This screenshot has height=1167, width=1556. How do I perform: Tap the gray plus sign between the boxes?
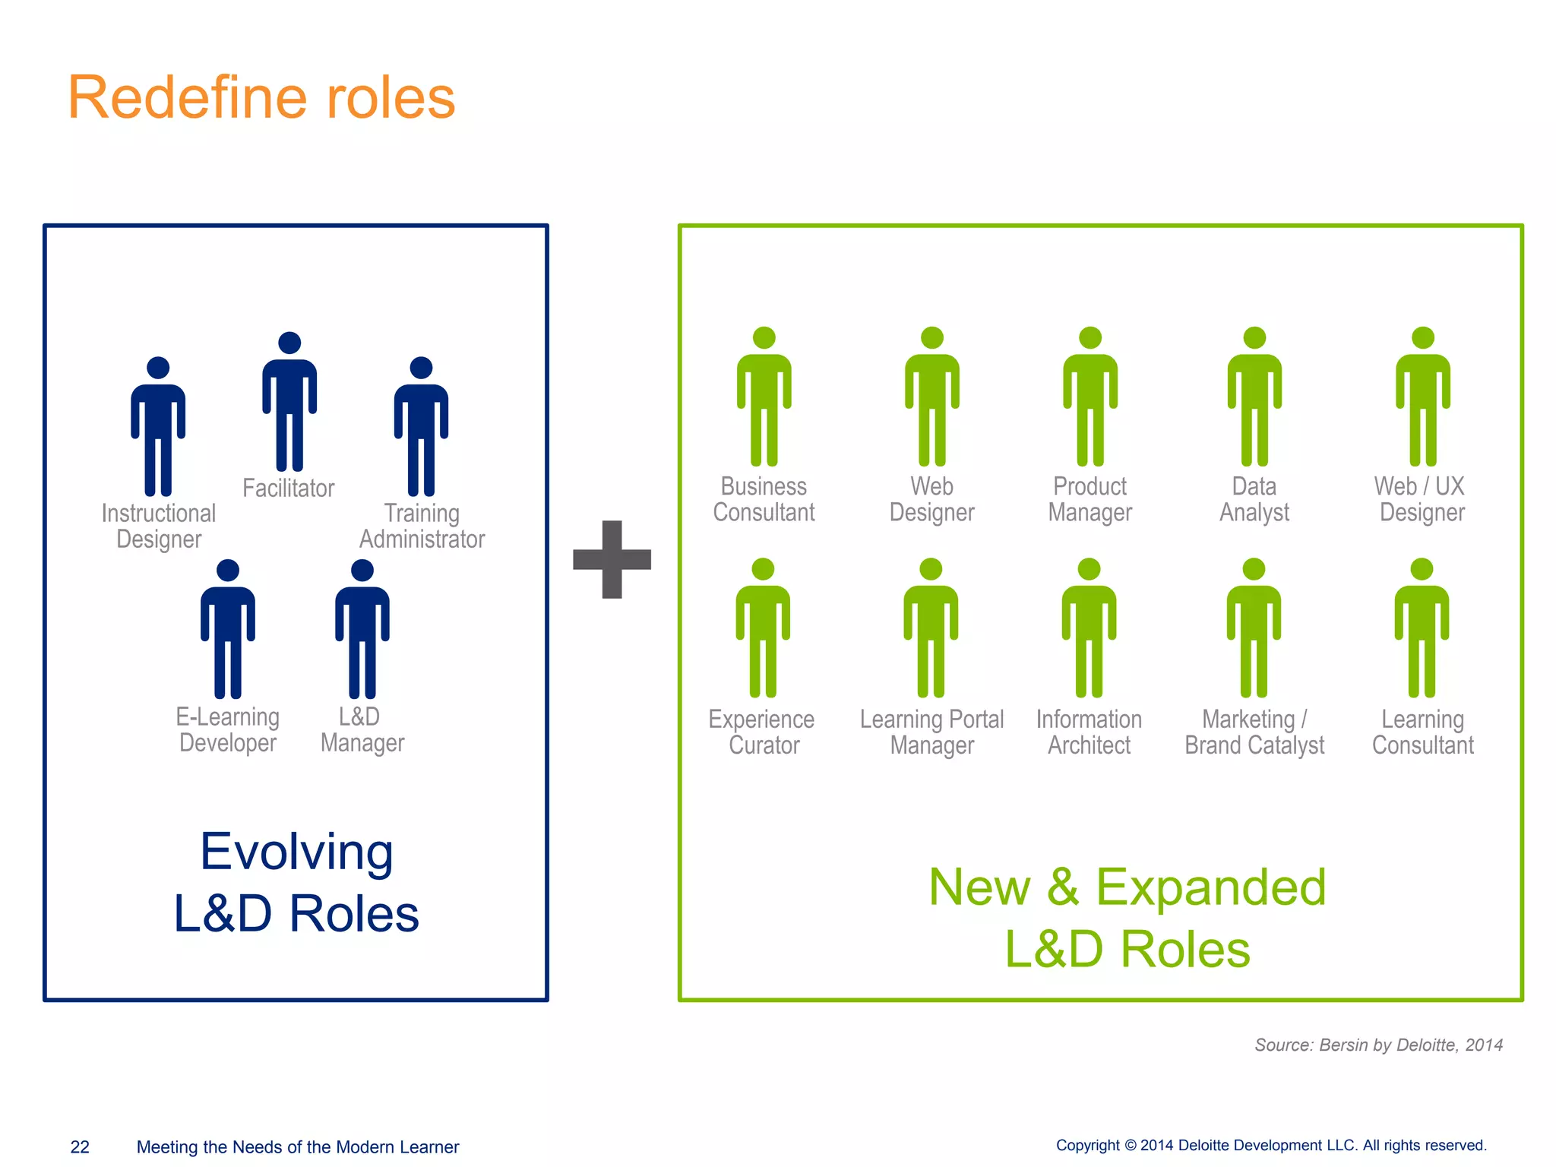tap(612, 560)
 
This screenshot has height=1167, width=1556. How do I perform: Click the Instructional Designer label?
tap(159, 526)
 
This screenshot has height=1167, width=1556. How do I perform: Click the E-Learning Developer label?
tap(228, 729)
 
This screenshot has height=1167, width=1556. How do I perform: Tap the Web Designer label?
tap(931, 499)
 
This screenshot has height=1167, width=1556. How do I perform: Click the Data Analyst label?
tap(1254, 499)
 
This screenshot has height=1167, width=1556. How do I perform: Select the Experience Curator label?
tap(762, 732)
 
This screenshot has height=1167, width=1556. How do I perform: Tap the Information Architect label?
tap(1089, 732)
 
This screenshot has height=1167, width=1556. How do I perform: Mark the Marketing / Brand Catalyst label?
tap(1254, 732)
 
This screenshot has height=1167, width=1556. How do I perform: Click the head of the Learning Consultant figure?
tap(1422, 569)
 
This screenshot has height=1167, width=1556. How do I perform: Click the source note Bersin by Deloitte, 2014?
tap(1378, 1045)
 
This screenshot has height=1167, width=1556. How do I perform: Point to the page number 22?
tap(80, 1146)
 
